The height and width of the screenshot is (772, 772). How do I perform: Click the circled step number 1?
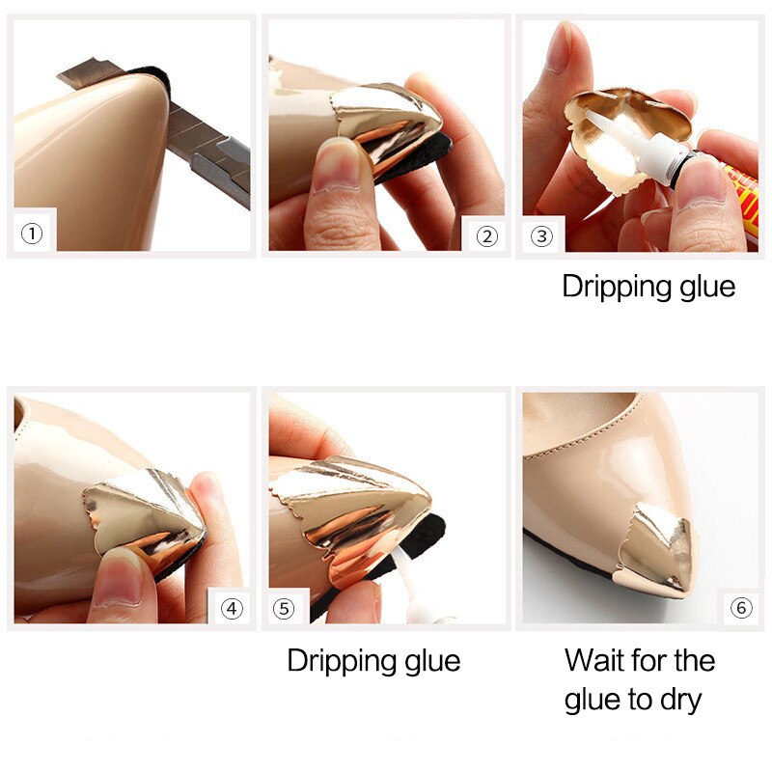pyautogui.click(x=33, y=234)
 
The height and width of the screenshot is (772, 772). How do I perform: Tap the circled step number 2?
pyautogui.click(x=486, y=234)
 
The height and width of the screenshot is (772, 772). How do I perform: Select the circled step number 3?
pyautogui.click(x=542, y=234)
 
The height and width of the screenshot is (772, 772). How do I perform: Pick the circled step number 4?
pyautogui.click(x=232, y=609)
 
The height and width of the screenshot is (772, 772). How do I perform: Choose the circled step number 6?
pyautogui.click(x=740, y=609)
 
